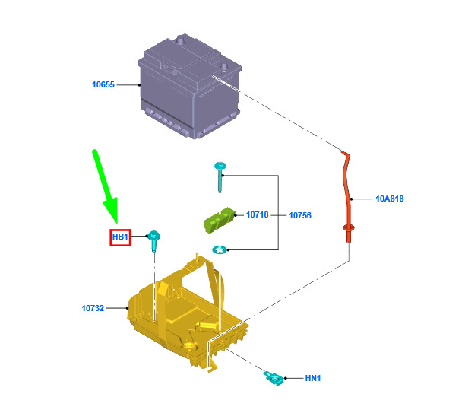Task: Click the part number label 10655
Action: click(x=103, y=84)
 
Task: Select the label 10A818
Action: click(x=389, y=199)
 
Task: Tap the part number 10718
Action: click(x=257, y=214)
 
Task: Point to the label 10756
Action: click(x=300, y=215)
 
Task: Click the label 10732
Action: click(x=93, y=308)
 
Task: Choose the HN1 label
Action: click(x=313, y=378)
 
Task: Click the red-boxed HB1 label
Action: click(x=120, y=237)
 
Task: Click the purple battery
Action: click(x=189, y=86)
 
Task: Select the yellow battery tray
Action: click(x=187, y=315)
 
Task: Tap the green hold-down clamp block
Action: click(x=219, y=220)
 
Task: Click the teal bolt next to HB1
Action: click(x=154, y=241)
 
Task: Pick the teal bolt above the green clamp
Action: click(x=220, y=176)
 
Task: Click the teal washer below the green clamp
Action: click(x=220, y=249)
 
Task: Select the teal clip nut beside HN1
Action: click(x=274, y=379)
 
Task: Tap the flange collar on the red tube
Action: click(x=349, y=228)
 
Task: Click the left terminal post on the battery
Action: click(x=181, y=40)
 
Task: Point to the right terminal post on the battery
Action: click(x=224, y=67)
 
